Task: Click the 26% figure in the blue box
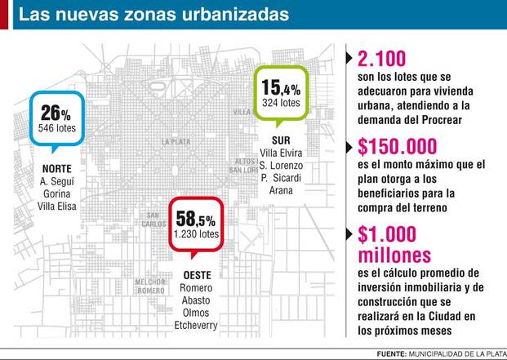(x=56, y=113)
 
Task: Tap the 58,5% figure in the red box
(x=196, y=219)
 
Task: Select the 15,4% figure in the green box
(x=281, y=87)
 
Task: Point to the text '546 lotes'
(x=57, y=128)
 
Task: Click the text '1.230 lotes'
(x=196, y=234)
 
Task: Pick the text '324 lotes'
(x=281, y=103)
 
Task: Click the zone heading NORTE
(x=57, y=169)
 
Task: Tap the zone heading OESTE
(x=198, y=275)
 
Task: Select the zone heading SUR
(x=281, y=140)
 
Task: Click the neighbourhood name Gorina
(x=57, y=194)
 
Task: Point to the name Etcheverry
(x=196, y=326)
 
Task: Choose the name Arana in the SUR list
(x=281, y=191)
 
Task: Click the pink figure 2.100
(x=381, y=59)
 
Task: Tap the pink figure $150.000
(x=398, y=146)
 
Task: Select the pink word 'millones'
(x=394, y=255)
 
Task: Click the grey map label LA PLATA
(x=176, y=142)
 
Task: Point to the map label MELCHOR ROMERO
(x=151, y=287)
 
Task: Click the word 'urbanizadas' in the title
(x=235, y=15)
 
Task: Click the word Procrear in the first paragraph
(x=442, y=120)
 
